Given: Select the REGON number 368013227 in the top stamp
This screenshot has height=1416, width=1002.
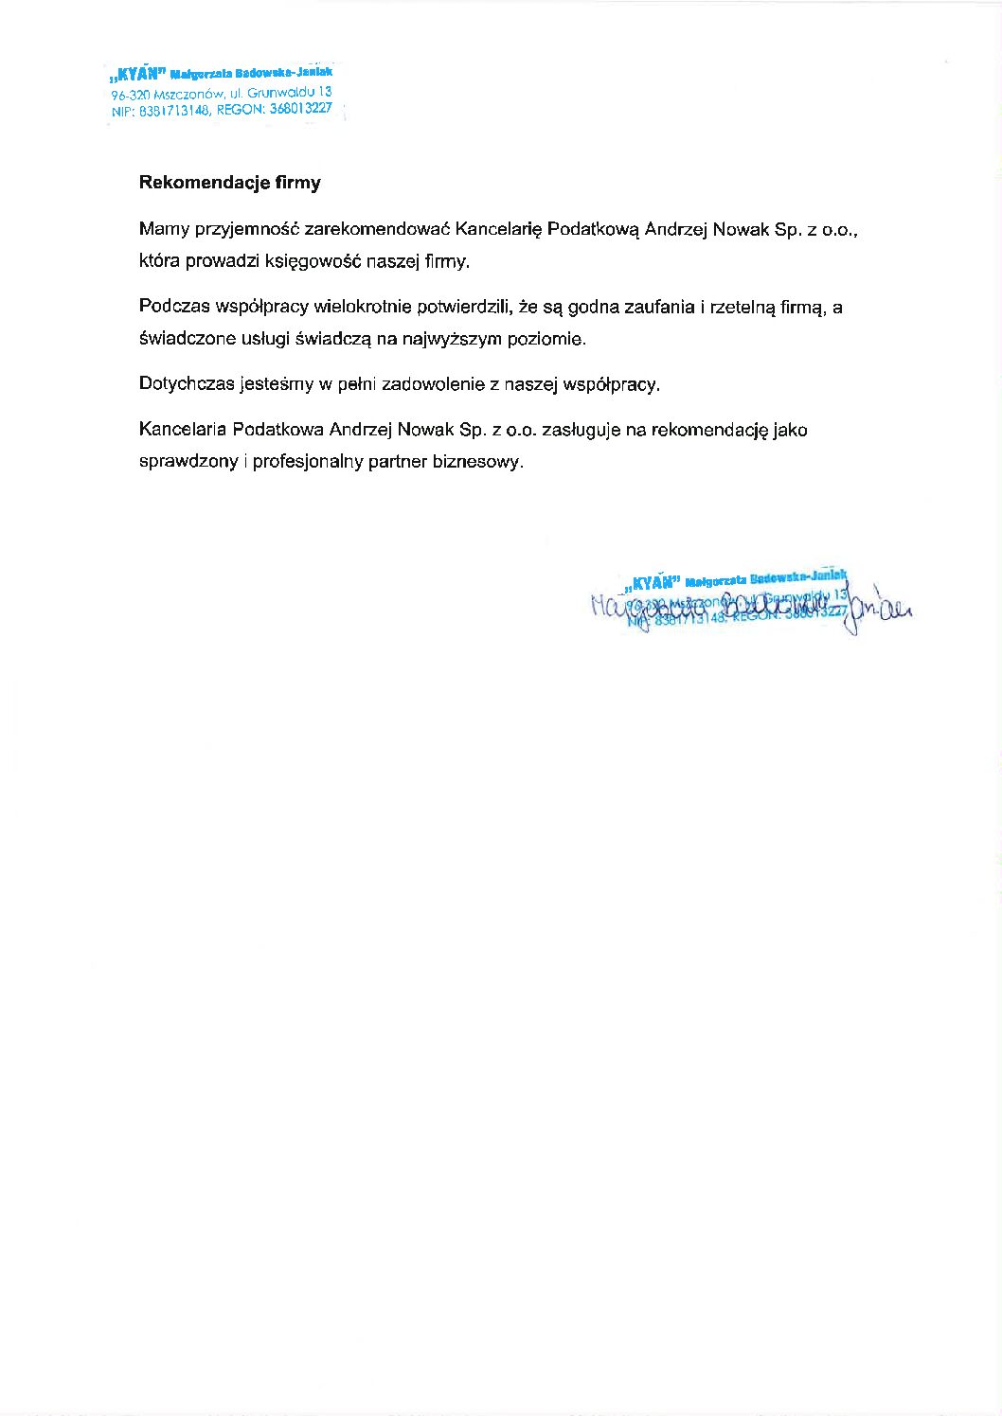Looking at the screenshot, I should (x=300, y=109).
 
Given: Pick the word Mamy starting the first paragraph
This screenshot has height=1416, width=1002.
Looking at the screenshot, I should (x=164, y=230).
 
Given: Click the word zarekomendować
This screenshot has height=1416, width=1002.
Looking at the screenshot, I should (x=378, y=230).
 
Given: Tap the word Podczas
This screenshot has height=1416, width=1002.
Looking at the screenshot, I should (x=173, y=307).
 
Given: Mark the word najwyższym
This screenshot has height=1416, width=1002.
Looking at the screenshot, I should (x=452, y=338).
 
